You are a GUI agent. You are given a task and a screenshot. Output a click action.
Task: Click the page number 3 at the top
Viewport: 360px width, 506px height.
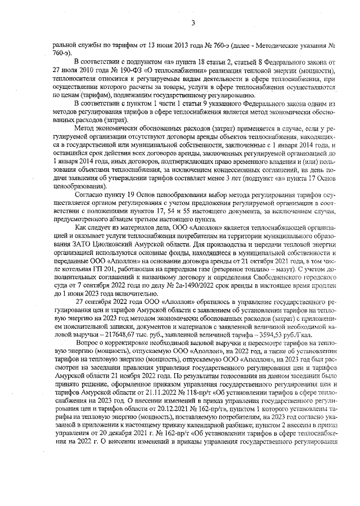coord(193,23)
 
